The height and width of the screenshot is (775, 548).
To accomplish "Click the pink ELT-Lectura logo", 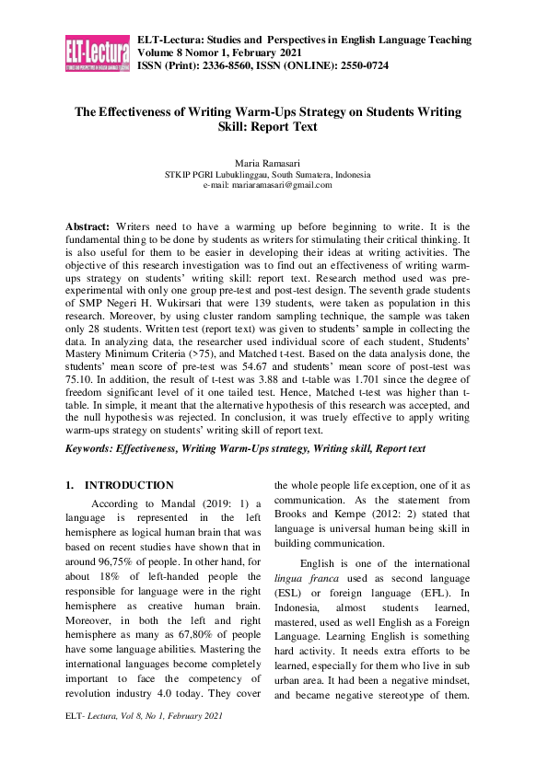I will tap(97, 53).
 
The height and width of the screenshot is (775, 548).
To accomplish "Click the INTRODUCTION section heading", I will tap(128, 485).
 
